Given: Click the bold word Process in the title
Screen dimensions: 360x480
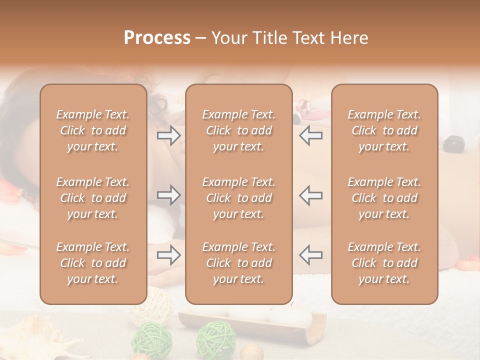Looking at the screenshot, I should point(157,38).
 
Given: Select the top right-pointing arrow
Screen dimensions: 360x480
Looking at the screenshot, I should point(168,135).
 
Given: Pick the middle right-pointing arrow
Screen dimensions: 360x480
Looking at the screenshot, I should point(168,195).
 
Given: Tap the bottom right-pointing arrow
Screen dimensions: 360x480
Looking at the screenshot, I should point(168,255).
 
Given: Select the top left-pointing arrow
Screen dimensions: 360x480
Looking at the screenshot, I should point(310,135).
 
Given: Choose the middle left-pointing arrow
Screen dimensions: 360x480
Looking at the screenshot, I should point(310,195).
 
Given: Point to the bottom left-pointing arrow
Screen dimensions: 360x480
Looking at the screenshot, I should point(310,254).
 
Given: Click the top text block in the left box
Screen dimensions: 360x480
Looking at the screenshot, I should point(93,130).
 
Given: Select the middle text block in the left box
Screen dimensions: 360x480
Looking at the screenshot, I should point(93,198).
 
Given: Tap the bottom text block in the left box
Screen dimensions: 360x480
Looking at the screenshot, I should point(93,263).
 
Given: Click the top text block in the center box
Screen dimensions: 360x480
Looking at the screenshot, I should point(239,130).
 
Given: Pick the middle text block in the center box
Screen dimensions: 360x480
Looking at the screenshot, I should point(239,198).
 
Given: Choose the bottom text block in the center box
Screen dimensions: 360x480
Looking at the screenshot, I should point(239,263).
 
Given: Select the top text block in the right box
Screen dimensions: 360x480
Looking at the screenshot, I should point(384,130).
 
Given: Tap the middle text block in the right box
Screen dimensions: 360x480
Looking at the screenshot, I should point(384,198).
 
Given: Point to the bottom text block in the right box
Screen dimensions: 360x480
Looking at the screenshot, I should point(384,263).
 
